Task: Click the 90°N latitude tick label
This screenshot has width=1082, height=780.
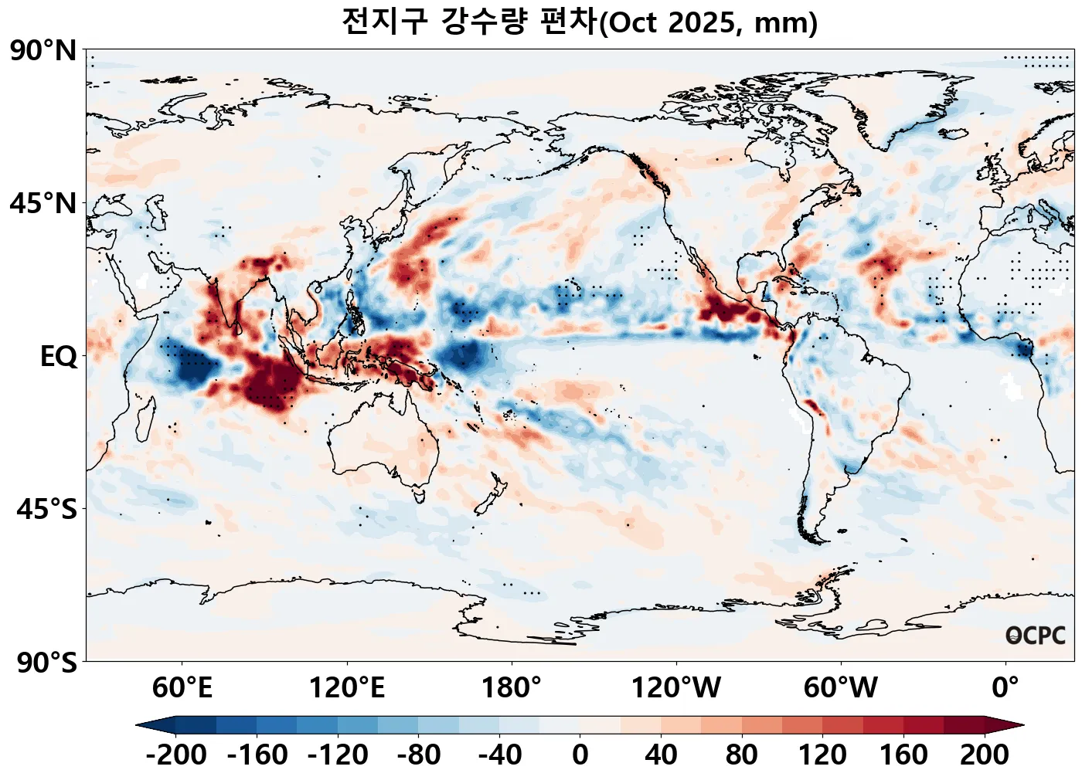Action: click(x=43, y=51)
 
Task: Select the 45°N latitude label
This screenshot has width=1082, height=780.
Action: click(x=43, y=204)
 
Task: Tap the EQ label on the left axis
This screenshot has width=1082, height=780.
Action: click(x=58, y=357)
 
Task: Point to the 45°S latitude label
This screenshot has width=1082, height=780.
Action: click(x=46, y=510)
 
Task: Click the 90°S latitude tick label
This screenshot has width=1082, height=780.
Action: click(x=46, y=663)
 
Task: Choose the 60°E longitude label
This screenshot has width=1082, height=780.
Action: click(x=182, y=687)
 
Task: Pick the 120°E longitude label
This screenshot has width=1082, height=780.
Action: click(x=346, y=687)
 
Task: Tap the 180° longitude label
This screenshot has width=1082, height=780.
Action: click(x=511, y=687)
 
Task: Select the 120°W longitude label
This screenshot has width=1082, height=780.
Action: click(x=675, y=687)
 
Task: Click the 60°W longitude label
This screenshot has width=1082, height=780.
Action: click(x=840, y=687)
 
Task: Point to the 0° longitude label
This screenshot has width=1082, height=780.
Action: click(x=1005, y=687)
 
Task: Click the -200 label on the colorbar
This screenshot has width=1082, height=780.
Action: click(x=175, y=755)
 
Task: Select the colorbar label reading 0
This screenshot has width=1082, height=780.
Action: click(x=580, y=755)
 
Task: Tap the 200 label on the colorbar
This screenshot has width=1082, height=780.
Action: click(x=984, y=755)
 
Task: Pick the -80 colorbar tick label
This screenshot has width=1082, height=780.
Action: click(x=418, y=755)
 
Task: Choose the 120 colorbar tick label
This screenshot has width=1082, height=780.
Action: click(x=822, y=755)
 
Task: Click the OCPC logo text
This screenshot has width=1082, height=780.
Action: click(x=1035, y=636)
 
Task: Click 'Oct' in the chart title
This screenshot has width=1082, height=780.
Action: click(x=631, y=22)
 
